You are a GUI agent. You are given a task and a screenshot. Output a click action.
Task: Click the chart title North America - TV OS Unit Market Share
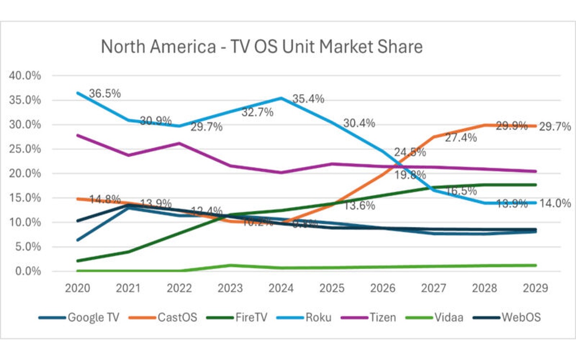point(262,47)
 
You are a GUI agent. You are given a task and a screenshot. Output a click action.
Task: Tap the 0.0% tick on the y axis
point(27,272)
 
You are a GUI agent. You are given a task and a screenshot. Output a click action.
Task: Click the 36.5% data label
point(105,93)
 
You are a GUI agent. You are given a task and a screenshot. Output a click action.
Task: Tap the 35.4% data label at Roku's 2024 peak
point(308,99)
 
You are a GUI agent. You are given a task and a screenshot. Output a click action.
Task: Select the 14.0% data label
point(555,203)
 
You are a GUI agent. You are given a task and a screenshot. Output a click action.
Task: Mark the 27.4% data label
point(461,138)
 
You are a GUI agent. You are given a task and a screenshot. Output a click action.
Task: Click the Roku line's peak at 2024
point(281,98)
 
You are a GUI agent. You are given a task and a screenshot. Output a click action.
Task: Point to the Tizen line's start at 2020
point(77,135)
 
